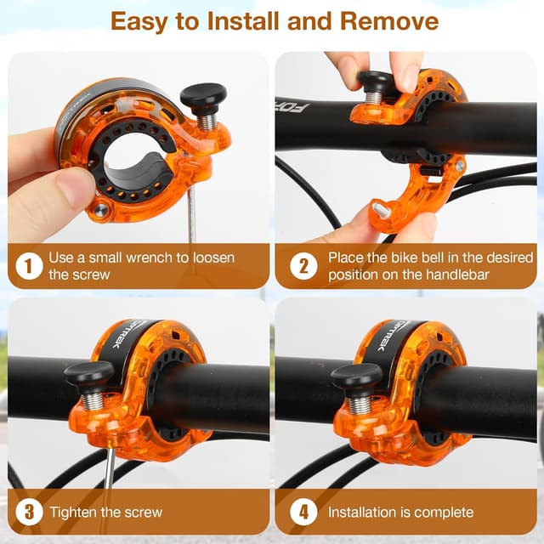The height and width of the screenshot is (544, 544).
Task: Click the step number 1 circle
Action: coord(29,266)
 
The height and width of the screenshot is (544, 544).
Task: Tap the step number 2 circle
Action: coord(303,266)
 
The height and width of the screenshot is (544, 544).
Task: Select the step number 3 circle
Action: coord(29,512)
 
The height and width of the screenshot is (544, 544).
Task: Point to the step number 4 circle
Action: coord(303,512)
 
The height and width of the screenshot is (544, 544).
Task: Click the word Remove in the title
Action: coord(389,21)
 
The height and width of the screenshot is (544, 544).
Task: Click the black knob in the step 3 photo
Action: coord(89,374)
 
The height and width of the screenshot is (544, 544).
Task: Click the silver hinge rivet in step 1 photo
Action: coord(100,210)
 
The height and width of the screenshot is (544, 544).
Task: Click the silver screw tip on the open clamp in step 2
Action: coord(380,210)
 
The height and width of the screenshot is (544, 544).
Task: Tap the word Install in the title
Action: coord(244,21)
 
